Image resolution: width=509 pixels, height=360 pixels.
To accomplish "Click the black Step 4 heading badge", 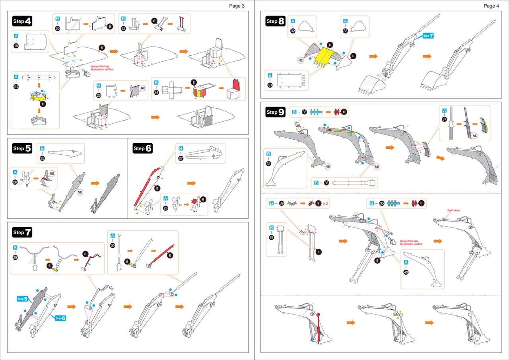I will click(22, 21).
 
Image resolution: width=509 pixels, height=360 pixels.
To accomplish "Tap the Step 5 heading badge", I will click(22, 148).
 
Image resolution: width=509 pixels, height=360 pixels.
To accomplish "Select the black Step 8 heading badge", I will click(276, 21).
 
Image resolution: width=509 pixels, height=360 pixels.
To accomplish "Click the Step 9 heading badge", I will click(276, 112).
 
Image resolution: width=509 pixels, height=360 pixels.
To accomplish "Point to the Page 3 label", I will click(237, 6).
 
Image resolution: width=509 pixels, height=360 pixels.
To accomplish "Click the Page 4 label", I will click(491, 6).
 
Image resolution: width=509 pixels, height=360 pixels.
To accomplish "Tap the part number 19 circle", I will click(16, 46).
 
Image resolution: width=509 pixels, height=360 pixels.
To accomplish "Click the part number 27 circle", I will click(181, 158).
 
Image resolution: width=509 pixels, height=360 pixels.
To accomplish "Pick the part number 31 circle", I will click(270, 85).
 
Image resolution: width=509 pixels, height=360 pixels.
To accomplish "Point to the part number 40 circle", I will click(406, 272).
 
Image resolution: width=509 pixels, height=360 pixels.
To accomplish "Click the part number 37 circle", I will click(444, 119).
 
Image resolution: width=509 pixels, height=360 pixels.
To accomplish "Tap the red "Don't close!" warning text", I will click(454, 210).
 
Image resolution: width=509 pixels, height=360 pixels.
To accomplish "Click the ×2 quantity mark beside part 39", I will click(325, 204).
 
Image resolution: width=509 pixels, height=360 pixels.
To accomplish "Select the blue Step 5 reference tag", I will click(23, 298).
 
